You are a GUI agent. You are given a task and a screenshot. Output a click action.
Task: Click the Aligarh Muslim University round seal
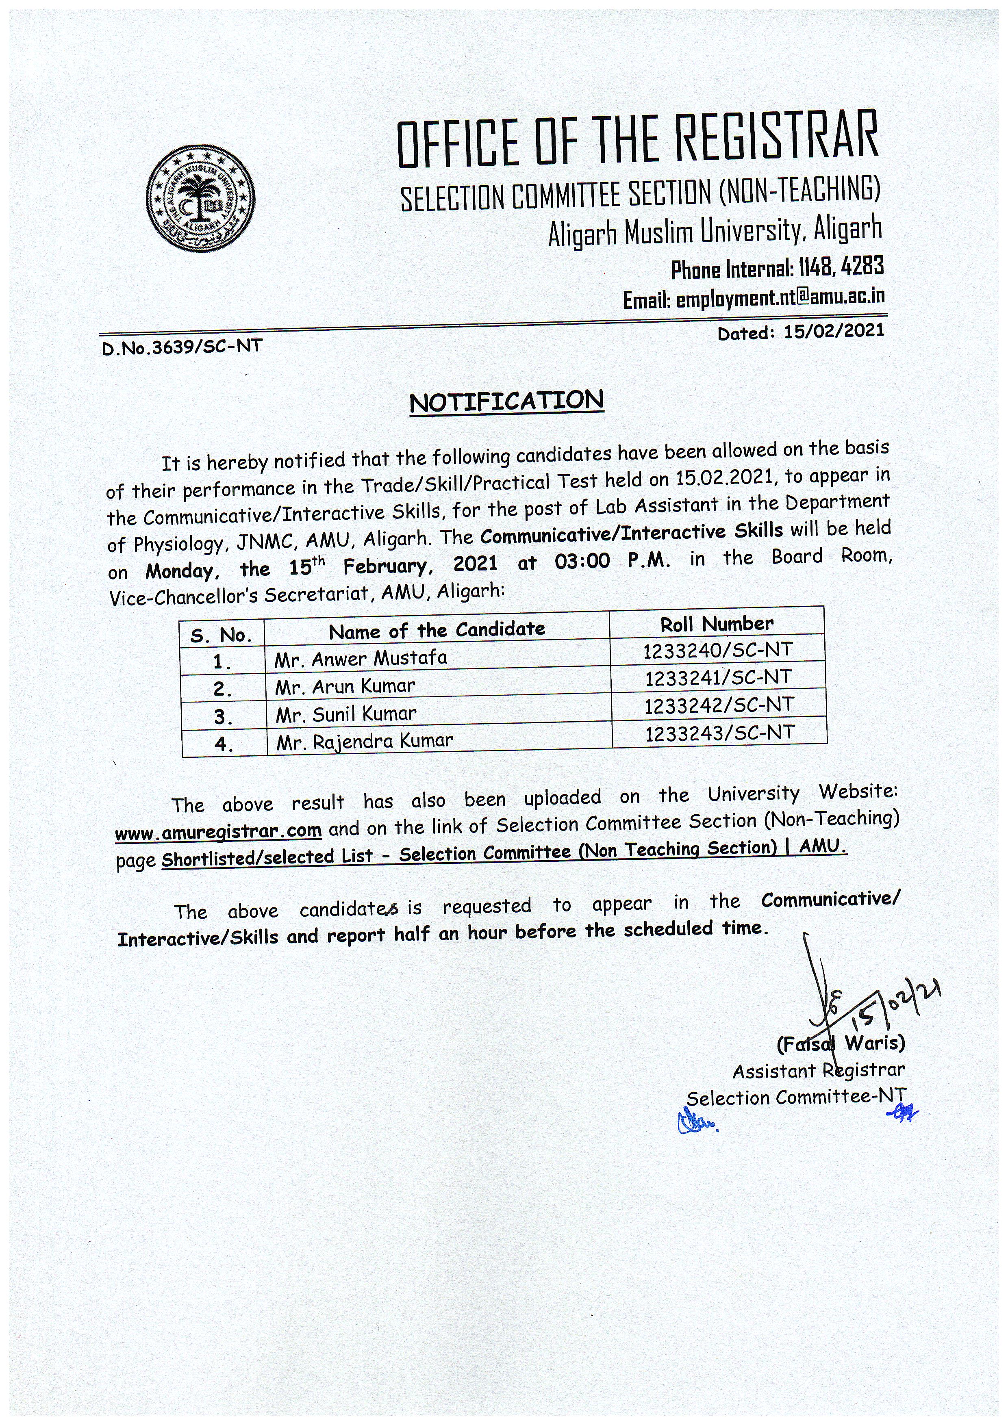pos(200,199)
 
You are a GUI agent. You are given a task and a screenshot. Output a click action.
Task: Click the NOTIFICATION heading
pos(506,401)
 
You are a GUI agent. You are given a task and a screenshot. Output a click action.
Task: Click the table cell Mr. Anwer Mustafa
pos(361,658)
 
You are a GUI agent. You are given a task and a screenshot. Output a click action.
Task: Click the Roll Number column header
pos(716,624)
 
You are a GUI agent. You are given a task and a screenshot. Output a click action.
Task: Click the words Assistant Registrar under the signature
pos(818,1071)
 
